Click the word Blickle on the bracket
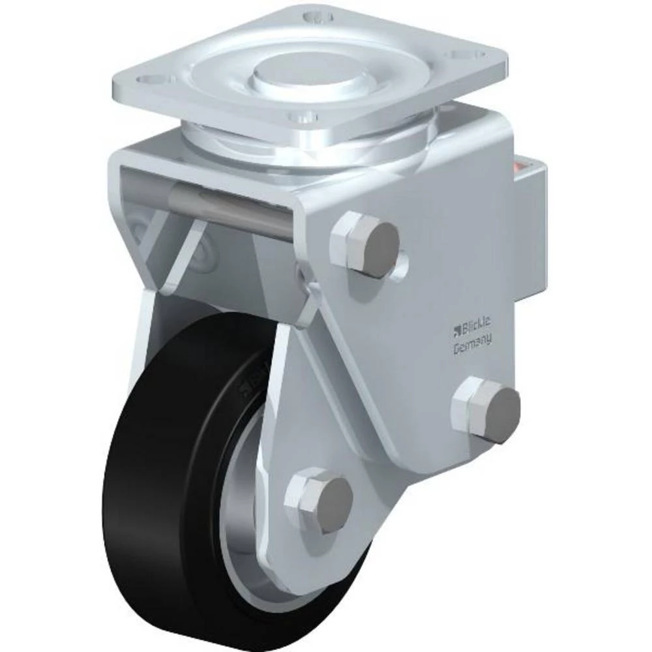pos(479,325)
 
